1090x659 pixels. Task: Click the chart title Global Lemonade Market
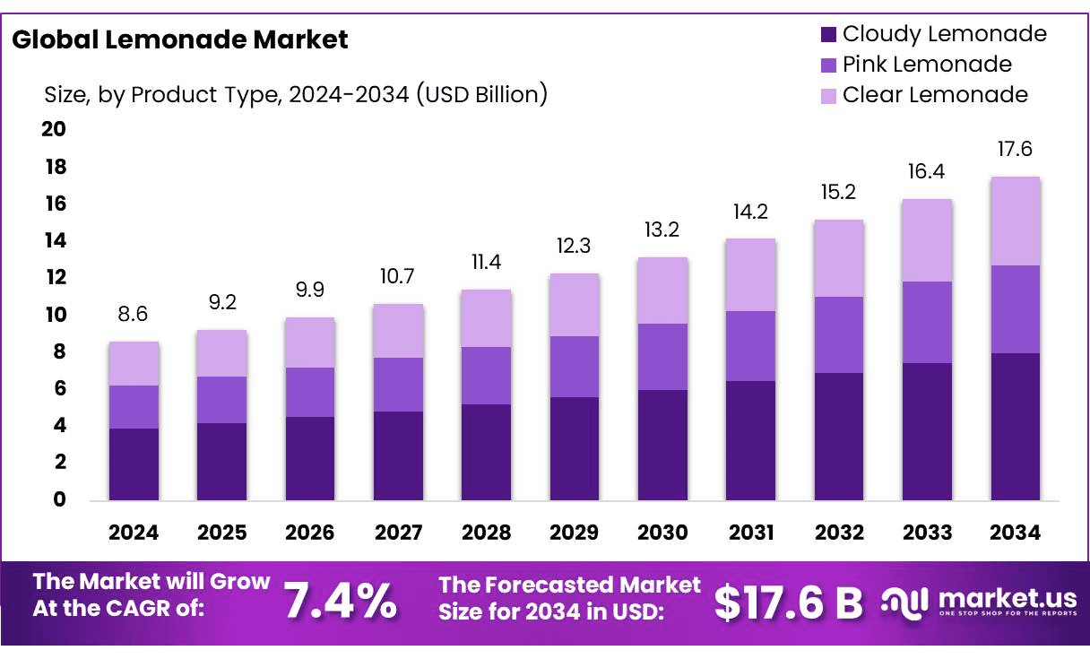180,39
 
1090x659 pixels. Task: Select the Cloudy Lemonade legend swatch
828,35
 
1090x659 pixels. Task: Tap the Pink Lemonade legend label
927,65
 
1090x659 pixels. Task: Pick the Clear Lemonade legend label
935,95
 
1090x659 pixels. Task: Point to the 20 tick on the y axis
54,130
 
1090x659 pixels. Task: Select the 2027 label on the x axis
398,533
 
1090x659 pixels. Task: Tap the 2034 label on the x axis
1016,533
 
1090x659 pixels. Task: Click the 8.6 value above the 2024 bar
134,316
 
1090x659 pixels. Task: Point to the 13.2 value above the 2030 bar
662,230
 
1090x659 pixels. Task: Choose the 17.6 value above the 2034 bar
1015,149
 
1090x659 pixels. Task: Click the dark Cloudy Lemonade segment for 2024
134,464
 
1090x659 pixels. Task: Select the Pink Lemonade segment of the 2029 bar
575,367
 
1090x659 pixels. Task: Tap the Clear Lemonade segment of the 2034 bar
1015,221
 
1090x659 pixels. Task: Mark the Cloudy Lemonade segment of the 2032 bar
839,436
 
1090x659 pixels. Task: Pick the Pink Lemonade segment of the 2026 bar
309,392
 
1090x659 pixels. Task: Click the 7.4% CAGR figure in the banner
341,602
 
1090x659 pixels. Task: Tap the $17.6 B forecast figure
788,603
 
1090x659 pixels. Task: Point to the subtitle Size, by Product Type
296,94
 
